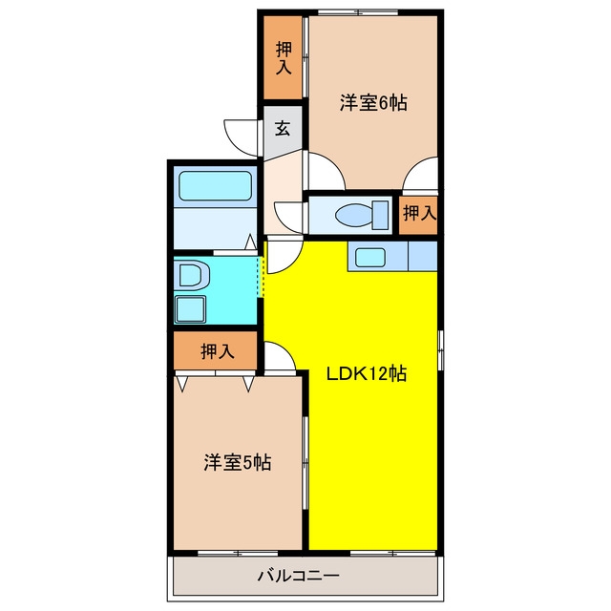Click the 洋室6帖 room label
point(373,103)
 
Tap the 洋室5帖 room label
point(238,462)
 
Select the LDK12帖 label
point(367,373)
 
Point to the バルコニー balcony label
point(298,575)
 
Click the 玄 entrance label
point(283,128)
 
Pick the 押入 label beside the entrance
point(284,57)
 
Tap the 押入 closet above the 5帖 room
point(218,351)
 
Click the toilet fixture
point(362,215)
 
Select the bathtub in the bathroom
point(215,186)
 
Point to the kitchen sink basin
point(370,258)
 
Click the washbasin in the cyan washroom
point(191,275)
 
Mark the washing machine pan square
point(190,309)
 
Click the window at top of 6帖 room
point(358,12)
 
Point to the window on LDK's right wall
point(441,350)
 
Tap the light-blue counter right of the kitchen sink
point(422,256)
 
